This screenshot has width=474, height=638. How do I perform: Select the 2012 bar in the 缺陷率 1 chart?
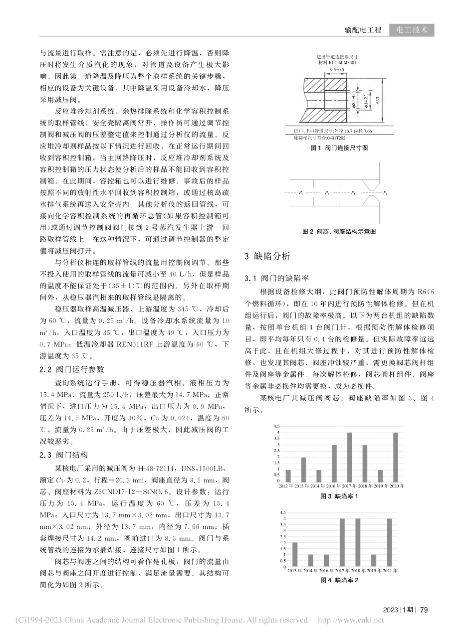click(288, 476)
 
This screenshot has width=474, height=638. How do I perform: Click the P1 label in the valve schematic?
click(301, 192)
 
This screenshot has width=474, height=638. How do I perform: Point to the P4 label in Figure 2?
click(385, 192)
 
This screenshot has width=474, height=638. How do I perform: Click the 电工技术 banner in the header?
click(412, 30)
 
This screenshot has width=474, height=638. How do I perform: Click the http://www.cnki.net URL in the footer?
click(351, 621)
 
